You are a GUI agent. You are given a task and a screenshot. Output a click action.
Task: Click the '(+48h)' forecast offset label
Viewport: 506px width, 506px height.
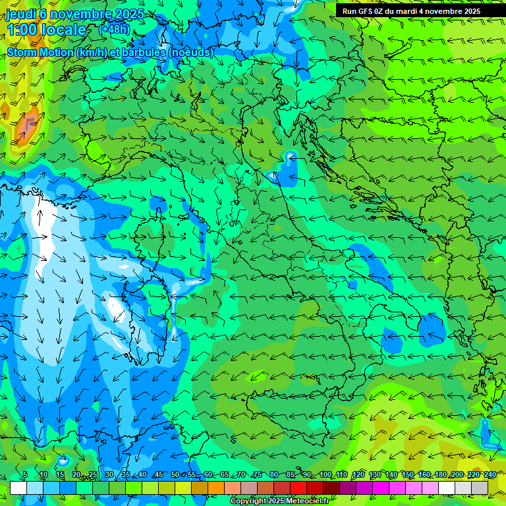(x=115, y=29)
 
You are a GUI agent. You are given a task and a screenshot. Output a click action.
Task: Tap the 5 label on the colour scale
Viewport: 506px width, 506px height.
(x=25, y=475)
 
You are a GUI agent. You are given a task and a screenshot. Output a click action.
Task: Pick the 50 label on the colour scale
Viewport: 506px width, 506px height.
(x=175, y=475)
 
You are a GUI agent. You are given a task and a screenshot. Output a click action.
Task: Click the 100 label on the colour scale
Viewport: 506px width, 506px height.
(x=325, y=475)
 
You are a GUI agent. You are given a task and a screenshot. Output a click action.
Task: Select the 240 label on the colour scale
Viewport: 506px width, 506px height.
(x=490, y=475)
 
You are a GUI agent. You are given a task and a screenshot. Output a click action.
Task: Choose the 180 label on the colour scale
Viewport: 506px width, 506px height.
(x=439, y=475)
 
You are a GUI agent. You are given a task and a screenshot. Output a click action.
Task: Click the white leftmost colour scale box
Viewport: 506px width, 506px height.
(x=18, y=488)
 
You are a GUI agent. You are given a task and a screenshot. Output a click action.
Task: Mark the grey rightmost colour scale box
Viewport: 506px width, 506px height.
(x=480, y=488)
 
